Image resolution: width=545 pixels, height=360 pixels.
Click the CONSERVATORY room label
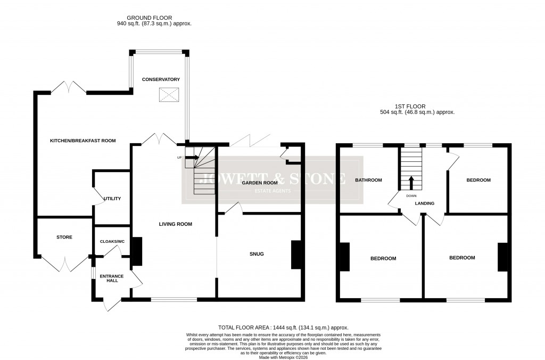click(x=161, y=79)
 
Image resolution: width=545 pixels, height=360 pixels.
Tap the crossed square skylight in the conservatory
click(x=169, y=95)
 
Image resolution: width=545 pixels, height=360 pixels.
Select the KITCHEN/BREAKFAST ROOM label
click(x=82, y=141)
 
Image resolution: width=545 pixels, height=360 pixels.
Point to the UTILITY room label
click(x=113, y=199)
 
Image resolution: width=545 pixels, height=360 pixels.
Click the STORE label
click(x=64, y=237)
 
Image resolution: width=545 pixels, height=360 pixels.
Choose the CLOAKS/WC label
click(x=112, y=241)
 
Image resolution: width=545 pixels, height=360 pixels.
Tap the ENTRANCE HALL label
click(x=112, y=278)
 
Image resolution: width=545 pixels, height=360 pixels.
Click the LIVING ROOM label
click(x=175, y=224)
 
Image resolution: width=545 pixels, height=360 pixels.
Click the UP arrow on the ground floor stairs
click(x=192, y=157)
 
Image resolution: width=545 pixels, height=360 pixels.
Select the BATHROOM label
click(x=368, y=180)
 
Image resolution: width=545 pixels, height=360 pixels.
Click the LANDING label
click(x=425, y=203)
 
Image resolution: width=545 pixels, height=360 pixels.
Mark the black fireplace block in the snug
click(x=295, y=255)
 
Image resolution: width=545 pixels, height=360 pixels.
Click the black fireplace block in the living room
click(x=137, y=251)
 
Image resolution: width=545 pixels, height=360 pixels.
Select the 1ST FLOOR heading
click(x=410, y=106)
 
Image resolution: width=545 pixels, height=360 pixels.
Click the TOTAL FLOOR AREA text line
click(x=283, y=328)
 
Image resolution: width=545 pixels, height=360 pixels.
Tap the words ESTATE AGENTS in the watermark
click(x=272, y=191)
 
